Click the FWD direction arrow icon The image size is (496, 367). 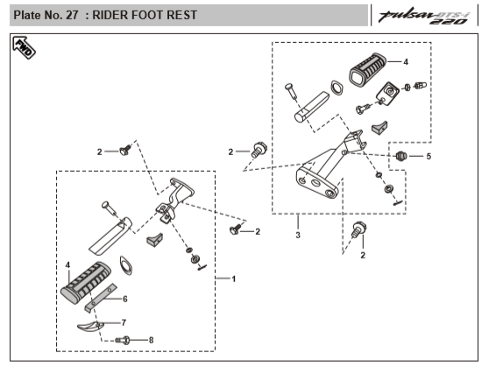pos(24,47)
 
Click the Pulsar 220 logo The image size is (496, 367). pos(424,17)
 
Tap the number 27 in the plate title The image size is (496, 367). pos(72,15)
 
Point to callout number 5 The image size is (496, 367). pos(429,156)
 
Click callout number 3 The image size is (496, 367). pos(298,236)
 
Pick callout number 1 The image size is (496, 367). pos(234,279)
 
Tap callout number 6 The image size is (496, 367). pos(125,299)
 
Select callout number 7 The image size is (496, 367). pos(124,322)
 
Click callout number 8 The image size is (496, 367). pos(152,340)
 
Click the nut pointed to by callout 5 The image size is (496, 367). pos(401,156)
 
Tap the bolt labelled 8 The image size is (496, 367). pos(123,341)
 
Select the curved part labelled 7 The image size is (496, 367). pos(90,327)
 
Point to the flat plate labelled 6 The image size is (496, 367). pos(101,298)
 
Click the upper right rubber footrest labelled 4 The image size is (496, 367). pos(367,69)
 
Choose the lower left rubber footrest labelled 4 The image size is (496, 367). pos(86,282)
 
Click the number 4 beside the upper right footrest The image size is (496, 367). pos(406,61)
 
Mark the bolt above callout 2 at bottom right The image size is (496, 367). pos(358,229)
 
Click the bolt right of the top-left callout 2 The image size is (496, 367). pos(125,150)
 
